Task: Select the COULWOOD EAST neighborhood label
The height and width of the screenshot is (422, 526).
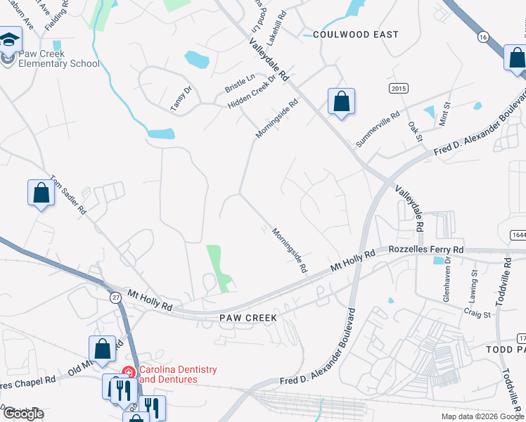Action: pyautogui.click(x=356, y=34)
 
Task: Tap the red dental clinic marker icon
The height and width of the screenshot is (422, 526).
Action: pyautogui.click(x=129, y=371)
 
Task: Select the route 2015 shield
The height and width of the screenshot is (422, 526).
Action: pyautogui.click(x=399, y=88)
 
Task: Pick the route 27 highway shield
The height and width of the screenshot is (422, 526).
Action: pyautogui.click(x=115, y=298)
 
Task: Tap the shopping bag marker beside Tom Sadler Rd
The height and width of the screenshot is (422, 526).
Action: pyautogui.click(x=41, y=193)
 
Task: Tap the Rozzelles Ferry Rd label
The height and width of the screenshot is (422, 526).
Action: pyautogui.click(x=427, y=250)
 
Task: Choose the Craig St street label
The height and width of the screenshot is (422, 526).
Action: pyautogui.click(x=477, y=314)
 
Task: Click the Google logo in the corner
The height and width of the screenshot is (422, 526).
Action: pyautogui.click(x=23, y=414)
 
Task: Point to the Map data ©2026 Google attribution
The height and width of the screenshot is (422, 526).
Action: pyautogui.click(x=482, y=416)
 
